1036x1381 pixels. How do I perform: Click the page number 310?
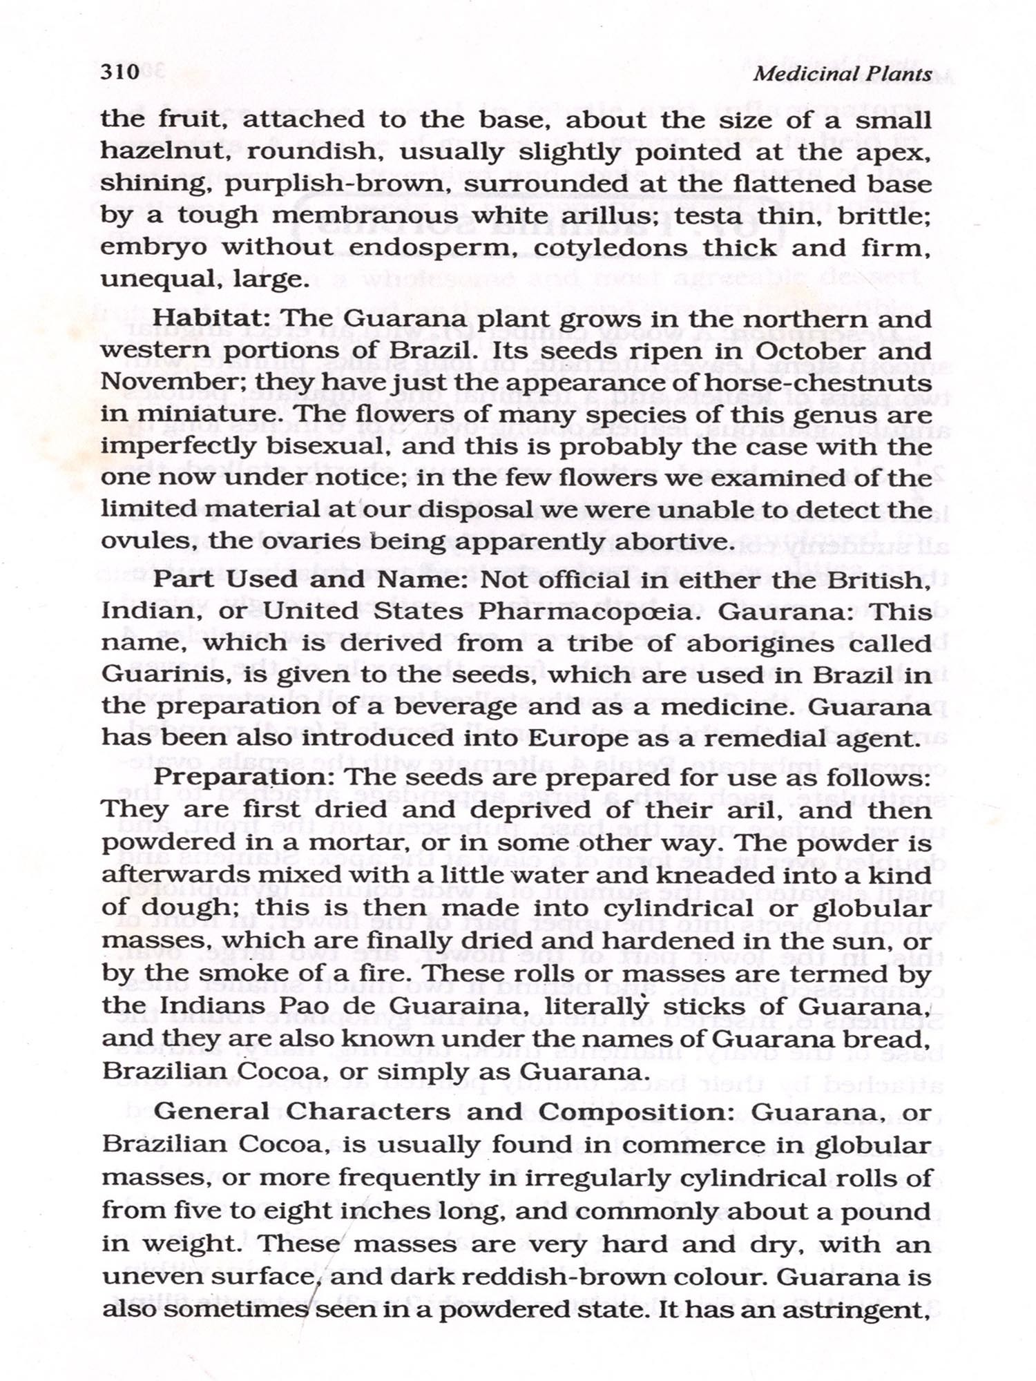[x=120, y=72]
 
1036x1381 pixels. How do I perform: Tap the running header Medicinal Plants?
[x=842, y=75]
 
